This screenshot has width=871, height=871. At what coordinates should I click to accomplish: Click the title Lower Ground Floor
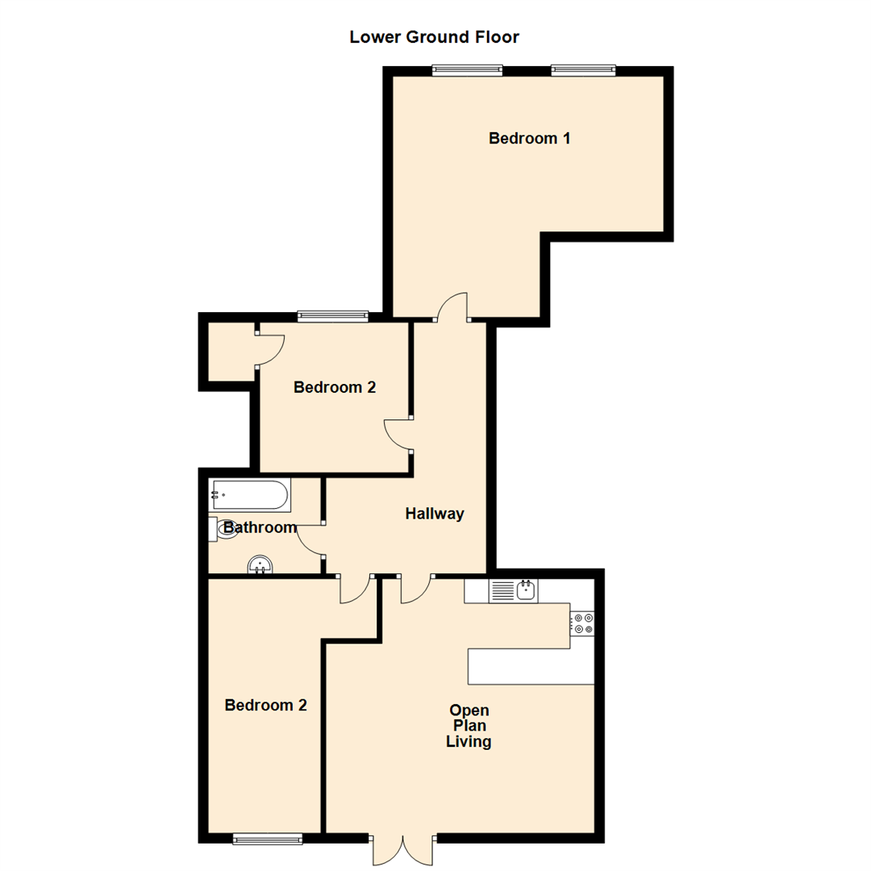point(434,37)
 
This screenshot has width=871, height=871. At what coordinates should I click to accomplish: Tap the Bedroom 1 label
point(529,139)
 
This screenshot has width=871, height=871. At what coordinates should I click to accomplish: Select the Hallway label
point(435,514)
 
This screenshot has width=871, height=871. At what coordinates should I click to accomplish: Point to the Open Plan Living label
point(469,726)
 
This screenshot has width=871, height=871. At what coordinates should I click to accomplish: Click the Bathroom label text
point(260,527)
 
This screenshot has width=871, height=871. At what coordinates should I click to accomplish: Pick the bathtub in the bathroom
point(250,495)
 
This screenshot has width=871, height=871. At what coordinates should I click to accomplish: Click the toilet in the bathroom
point(223,528)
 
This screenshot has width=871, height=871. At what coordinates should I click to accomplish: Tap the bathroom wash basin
point(260,565)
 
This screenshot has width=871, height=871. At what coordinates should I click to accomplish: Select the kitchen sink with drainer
point(513,590)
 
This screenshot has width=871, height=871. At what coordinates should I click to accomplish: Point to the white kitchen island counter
point(531,666)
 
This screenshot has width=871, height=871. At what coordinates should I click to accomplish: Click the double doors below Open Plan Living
point(402,848)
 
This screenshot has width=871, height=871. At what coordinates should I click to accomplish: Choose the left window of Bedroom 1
point(468,70)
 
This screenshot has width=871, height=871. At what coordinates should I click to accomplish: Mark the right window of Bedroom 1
point(583,70)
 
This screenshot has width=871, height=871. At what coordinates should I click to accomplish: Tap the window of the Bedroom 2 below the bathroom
point(268,838)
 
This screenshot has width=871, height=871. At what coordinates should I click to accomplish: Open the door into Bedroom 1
point(451,307)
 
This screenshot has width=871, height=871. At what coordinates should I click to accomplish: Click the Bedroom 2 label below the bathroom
point(265,706)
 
